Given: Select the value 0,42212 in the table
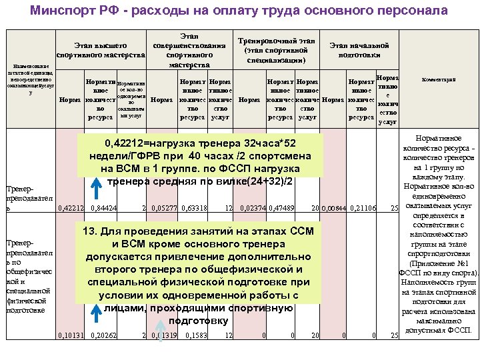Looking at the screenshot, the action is coord(71,208).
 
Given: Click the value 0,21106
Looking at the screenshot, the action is coord(363,209).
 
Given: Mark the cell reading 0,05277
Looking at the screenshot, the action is coord(163,208).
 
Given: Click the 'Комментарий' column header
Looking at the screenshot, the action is coord(438,79).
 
